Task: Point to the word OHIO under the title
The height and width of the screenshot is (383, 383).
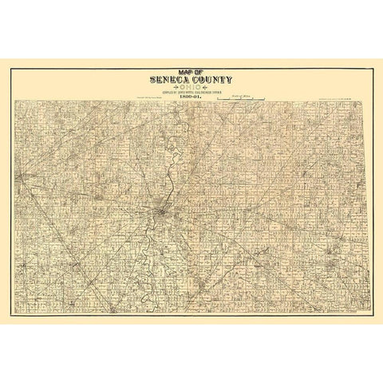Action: click(191, 87)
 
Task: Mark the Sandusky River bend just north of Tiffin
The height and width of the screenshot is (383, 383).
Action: click(170, 191)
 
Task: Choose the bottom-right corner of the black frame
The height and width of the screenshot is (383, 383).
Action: click(374, 317)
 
